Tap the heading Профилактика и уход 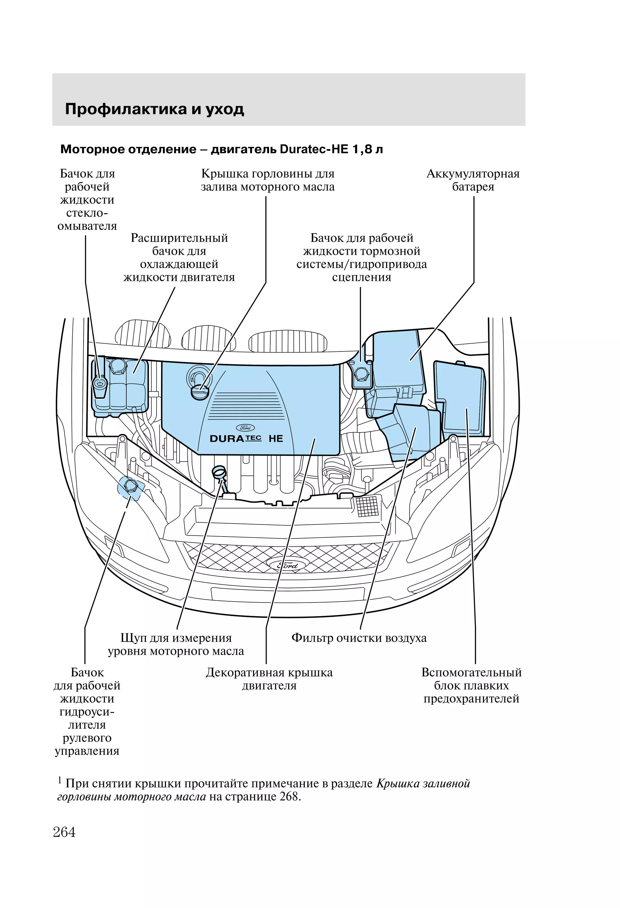(154, 109)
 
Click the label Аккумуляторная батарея (473, 180)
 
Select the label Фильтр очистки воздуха (359, 638)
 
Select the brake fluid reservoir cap (360, 375)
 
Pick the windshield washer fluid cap (100, 384)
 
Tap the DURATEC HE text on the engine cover (246, 438)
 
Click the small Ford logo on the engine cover (245, 428)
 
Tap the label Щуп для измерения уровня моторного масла (176, 645)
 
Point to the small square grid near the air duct (367, 507)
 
